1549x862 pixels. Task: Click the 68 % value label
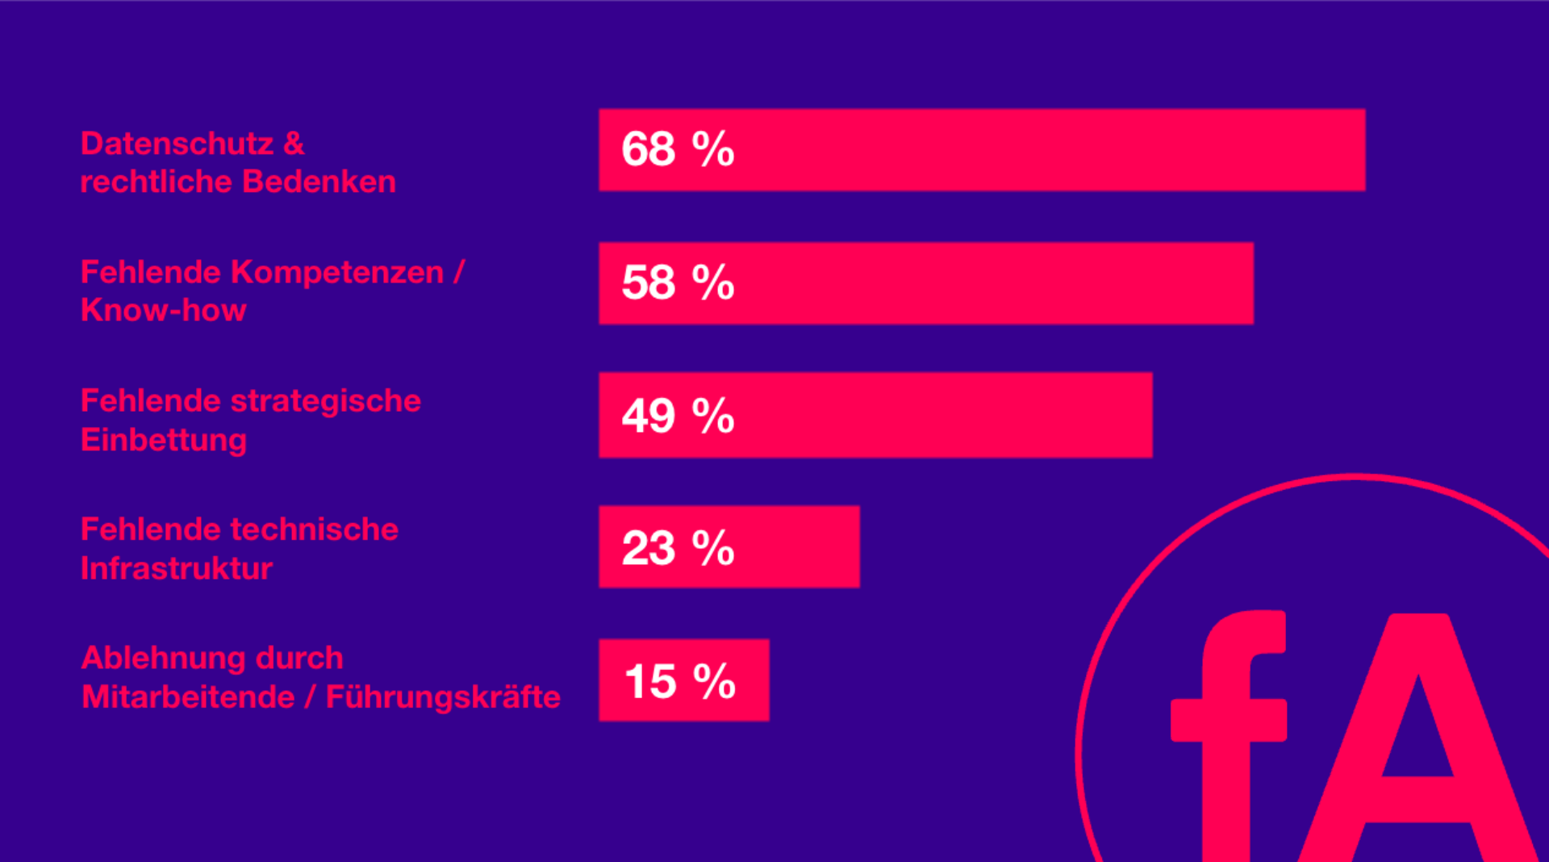pos(678,149)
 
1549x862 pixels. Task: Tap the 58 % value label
pos(678,282)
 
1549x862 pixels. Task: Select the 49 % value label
pos(678,416)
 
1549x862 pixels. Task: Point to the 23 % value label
pos(678,548)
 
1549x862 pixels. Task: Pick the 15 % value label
pos(679,681)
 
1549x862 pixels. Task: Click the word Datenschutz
pos(177,144)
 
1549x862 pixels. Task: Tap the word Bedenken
pos(319,182)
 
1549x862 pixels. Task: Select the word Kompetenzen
pos(337,273)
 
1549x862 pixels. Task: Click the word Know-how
pos(163,311)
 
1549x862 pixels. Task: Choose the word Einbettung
pos(163,440)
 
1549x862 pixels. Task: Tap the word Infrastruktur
pos(177,568)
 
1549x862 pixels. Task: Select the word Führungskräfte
pos(443,697)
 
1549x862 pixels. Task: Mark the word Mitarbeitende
pos(188,697)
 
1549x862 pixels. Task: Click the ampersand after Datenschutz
pos(294,144)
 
